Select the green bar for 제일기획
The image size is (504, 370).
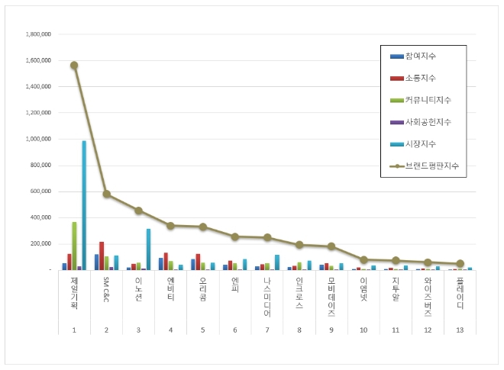pos(74,246)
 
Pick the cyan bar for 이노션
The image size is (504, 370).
pos(148,249)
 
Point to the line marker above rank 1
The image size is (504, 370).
pos(74,66)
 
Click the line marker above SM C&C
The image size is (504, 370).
pos(106,195)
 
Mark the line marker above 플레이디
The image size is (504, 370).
pos(460,263)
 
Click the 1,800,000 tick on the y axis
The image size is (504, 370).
pos(37,34)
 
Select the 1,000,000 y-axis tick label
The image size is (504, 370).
pos(37,139)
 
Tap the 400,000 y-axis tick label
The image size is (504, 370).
pos(40,217)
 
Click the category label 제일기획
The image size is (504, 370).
pos(74,293)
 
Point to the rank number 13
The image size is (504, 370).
pos(460,330)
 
